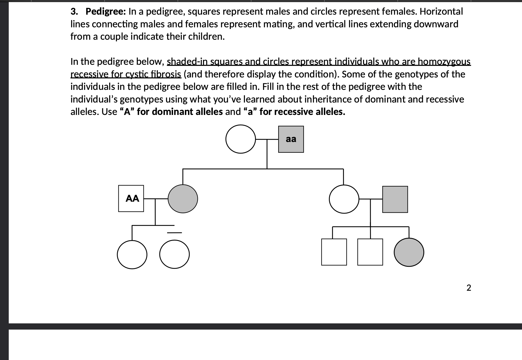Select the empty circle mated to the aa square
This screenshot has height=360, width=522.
pos(240,139)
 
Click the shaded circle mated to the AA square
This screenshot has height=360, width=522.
pos(183,199)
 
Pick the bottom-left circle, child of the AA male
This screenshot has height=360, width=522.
pos(132,254)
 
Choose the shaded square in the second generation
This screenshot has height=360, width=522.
pos(395,199)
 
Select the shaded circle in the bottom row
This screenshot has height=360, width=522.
pos(409,252)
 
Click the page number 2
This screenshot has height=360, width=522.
pos(469,288)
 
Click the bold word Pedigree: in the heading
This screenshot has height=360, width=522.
pos(106,12)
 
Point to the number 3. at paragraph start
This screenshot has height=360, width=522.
pos(74,12)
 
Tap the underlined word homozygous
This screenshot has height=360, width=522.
pos(444,61)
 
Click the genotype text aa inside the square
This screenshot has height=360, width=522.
pos(291,139)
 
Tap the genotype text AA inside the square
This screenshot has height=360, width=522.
pos(132,198)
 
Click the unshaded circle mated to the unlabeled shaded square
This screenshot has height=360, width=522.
pos(344,199)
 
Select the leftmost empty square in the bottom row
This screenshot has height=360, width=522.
pos(334,252)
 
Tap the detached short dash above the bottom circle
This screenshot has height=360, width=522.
pos(174,233)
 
